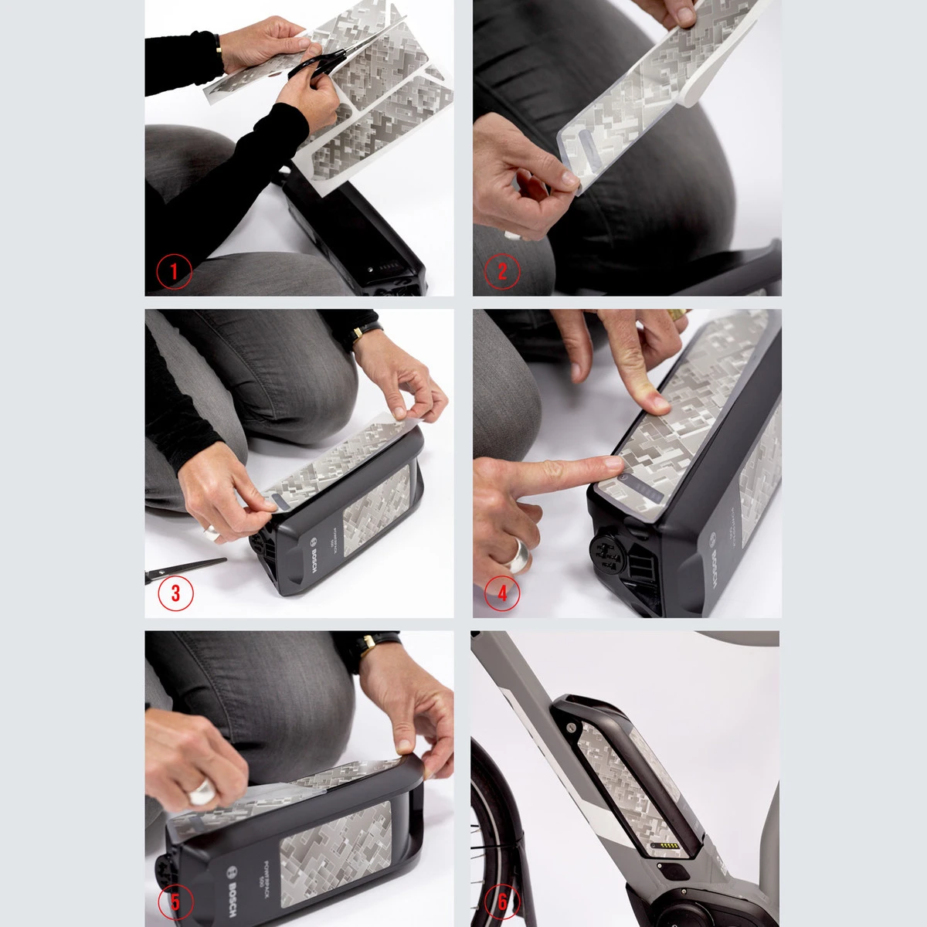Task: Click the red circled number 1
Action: click(x=174, y=271)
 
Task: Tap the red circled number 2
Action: click(x=502, y=271)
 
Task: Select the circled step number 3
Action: click(x=175, y=593)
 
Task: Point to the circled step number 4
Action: click(x=502, y=593)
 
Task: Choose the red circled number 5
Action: click(x=176, y=902)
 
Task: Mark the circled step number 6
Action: click(x=503, y=901)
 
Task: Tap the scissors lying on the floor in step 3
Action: click(x=185, y=570)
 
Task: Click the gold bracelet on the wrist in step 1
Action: click(x=219, y=49)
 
